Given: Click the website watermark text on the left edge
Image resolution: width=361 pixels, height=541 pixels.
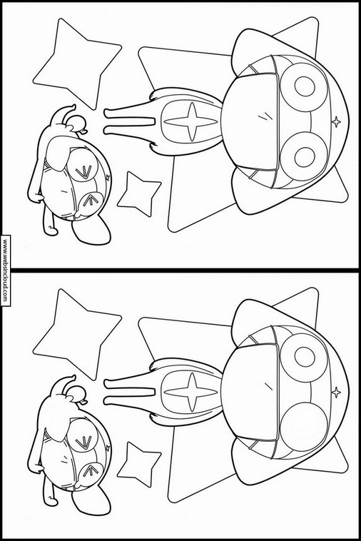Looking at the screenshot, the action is (5, 270).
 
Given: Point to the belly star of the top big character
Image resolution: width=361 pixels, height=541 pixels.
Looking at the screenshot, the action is (190, 121).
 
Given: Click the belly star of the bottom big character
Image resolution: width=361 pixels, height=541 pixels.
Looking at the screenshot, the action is (190, 392).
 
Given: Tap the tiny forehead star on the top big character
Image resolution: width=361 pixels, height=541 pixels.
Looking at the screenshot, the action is (336, 121).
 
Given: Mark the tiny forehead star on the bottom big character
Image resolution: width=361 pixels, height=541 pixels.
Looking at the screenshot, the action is (336, 392).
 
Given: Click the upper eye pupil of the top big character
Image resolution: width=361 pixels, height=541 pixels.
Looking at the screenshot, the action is (305, 86).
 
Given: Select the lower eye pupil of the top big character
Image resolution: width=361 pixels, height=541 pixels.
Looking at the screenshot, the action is (305, 157).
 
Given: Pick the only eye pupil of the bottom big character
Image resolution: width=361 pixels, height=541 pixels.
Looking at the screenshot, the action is (305, 357).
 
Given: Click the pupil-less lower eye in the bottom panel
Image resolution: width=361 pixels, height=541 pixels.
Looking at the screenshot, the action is (303, 428).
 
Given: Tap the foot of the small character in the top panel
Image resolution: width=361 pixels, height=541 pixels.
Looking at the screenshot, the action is (91, 231).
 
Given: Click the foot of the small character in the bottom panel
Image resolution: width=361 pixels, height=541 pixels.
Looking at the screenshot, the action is (91, 502).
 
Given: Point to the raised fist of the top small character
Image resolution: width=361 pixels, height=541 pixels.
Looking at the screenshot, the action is (76, 123).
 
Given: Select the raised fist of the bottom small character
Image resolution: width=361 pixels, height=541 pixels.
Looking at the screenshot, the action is (76, 393).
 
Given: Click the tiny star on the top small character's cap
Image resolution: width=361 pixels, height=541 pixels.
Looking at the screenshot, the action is (108, 177).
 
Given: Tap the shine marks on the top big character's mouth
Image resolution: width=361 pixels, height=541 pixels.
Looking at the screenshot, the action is (265, 116).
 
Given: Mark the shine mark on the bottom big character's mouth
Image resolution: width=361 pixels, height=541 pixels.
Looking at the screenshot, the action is (268, 386).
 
